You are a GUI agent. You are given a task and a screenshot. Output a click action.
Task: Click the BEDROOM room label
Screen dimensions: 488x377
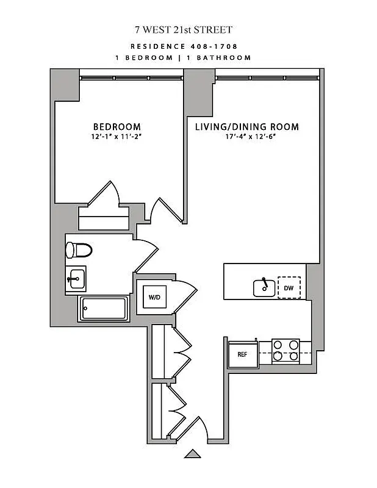pos(117,127)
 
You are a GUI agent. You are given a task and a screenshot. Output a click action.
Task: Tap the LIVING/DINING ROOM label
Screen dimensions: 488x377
pos(246,127)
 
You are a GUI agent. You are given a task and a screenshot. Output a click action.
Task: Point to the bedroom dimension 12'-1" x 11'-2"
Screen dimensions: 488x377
pos(117,137)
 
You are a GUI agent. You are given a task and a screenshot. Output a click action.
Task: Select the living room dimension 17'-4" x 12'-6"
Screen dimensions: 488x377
pos(246,137)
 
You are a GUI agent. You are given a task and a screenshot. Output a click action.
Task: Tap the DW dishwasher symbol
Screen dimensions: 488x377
pos(289,287)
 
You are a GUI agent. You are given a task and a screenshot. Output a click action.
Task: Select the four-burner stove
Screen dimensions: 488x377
pos(285,350)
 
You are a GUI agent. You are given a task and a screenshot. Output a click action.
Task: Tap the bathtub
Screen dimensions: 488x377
pos(104,309)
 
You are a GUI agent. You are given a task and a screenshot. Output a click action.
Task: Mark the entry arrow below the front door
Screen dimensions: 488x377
pos(193,453)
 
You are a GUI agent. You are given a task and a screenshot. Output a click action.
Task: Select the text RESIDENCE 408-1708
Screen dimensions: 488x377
pos(184,46)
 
